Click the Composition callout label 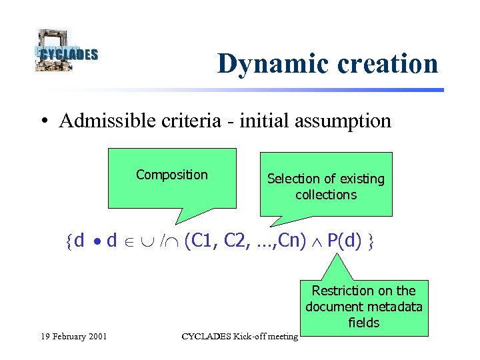[x=172, y=175]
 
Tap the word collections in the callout [x=326, y=195]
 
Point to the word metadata [x=397, y=307]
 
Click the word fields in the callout [x=363, y=323]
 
